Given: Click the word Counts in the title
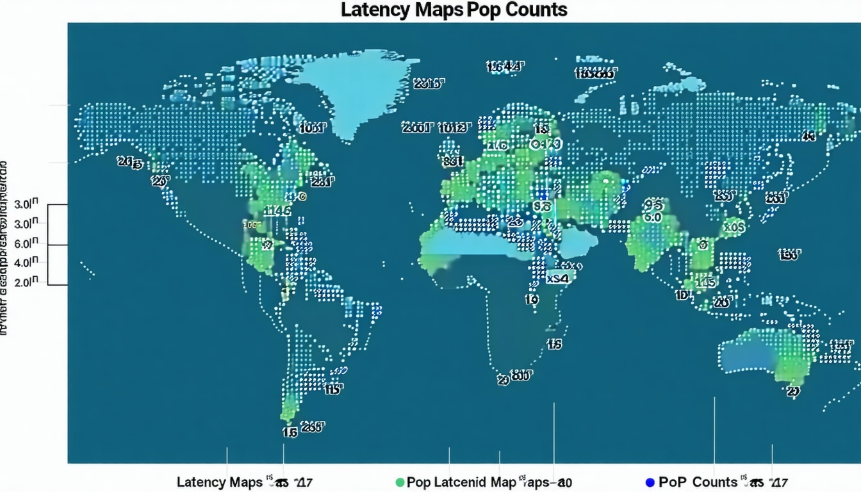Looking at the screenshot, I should pyautogui.click(x=534, y=10).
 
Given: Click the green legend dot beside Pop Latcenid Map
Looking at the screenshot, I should pyautogui.click(x=400, y=482).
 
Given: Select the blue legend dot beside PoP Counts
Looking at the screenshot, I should pyautogui.click(x=650, y=482).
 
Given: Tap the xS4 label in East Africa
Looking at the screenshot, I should pyautogui.click(x=557, y=279).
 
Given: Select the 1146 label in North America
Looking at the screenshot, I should pyautogui.click(x=278, y=210).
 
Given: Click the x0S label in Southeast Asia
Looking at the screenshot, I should pyautogui.click(x=732, y=226).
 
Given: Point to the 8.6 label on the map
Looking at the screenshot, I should pyautogui.click(x=541, y=206).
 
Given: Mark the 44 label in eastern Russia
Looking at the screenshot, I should pyautogui.click(x=808, y=136).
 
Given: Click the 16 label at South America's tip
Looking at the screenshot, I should pyautogui.click(x=290, y=432).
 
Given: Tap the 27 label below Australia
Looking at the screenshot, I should pyautogui.click(x=793, y=391).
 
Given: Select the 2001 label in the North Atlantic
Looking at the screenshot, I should pyautogui.click(x=417, y=127).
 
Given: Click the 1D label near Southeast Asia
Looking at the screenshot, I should pyautogui.click(x=682, y=295).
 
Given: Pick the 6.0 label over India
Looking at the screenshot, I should pyautogui.click(x=652, y=218).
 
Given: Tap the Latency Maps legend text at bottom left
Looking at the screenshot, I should pyautogui.click(x=219, y=482).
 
